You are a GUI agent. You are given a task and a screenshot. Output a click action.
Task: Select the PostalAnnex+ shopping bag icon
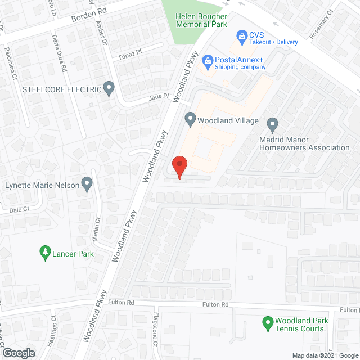208,60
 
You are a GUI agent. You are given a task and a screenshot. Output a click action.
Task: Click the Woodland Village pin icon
190,119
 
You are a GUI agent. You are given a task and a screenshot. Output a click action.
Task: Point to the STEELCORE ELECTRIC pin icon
109,88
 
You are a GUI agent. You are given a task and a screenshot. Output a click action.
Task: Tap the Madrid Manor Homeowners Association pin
273,124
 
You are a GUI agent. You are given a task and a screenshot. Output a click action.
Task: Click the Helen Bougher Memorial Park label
202,20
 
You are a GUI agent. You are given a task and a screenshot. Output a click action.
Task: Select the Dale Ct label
19,210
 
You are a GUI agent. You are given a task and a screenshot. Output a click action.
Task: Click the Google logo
18,353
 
